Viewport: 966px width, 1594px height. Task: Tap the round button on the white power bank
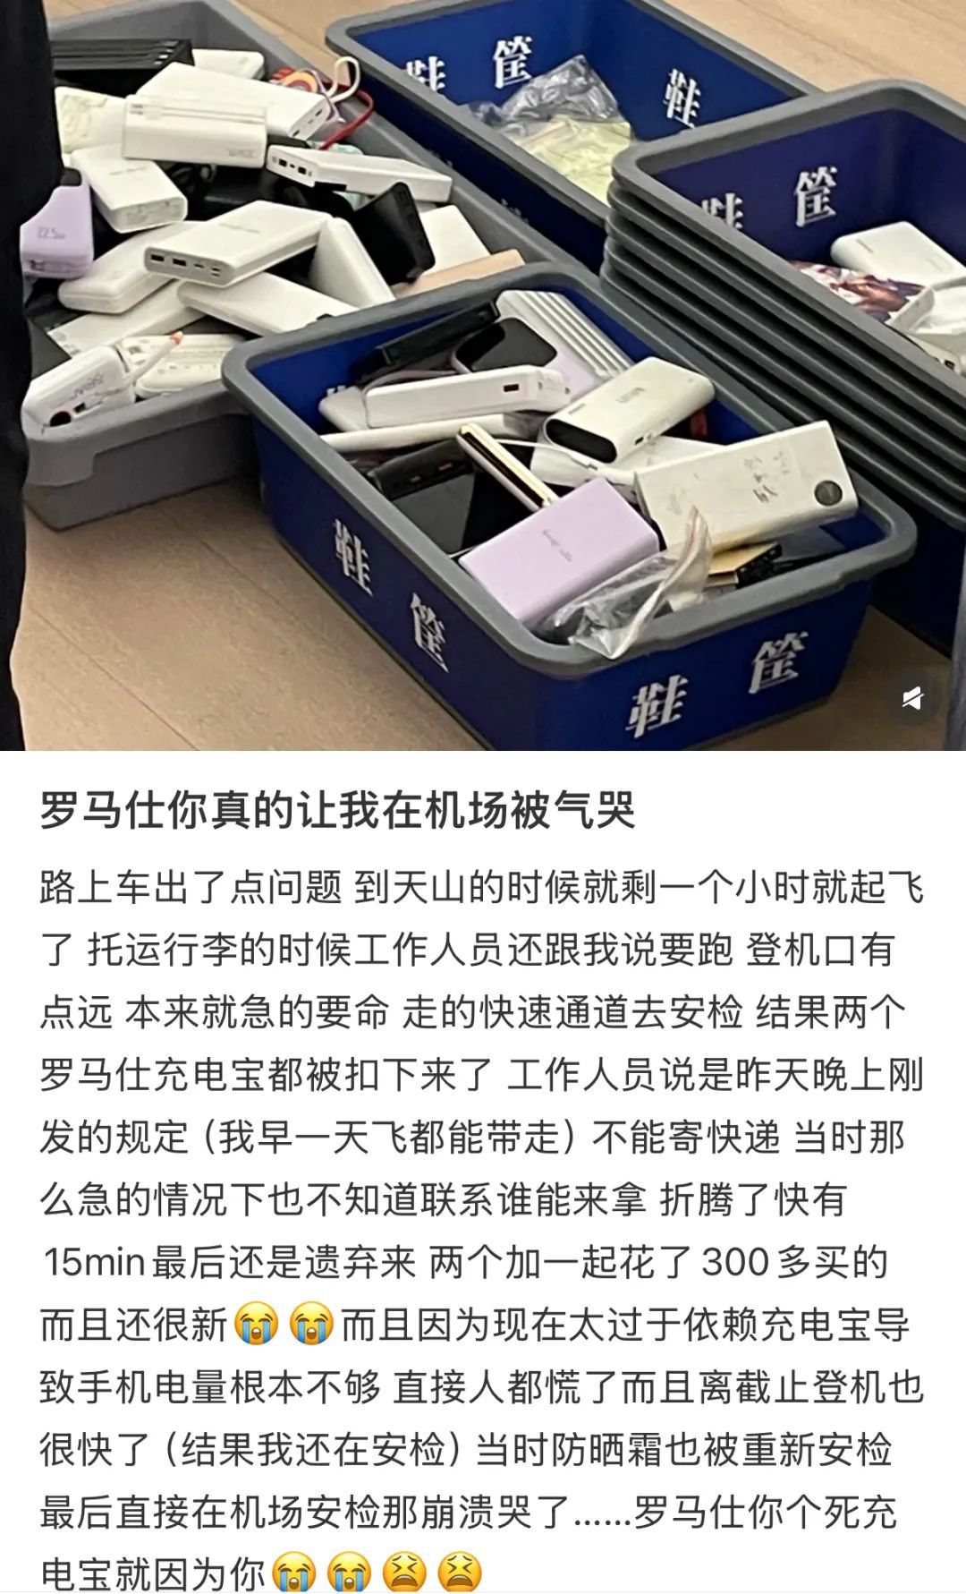[828, 491]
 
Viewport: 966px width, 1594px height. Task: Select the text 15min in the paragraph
[95, 1262]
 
